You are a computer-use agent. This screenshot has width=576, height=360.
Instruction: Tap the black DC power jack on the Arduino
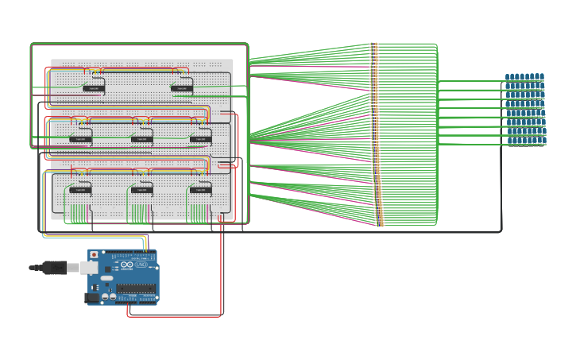click(92, 297)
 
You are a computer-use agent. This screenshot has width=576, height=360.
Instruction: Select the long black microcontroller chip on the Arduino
click(136, 288)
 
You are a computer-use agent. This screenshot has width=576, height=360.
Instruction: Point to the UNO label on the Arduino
click(141, 265)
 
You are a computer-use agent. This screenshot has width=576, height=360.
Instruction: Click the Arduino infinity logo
click(127, 265)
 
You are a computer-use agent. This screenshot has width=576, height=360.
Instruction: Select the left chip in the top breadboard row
click(93, 88)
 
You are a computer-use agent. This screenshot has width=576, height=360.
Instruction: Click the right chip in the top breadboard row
click(181, 88)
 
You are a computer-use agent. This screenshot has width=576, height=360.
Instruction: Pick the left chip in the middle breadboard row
click(80, 139)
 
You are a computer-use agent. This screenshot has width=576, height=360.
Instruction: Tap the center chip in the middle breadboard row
click(141, 139)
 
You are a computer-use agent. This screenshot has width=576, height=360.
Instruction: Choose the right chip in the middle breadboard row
click(200, 139)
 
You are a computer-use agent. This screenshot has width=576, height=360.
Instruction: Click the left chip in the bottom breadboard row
click(80, 190)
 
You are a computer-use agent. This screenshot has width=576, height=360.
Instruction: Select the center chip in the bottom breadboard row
click(141, 190)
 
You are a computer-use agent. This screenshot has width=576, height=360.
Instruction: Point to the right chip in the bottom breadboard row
click(200, 190)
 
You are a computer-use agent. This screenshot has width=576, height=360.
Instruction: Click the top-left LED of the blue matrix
click(508, 77)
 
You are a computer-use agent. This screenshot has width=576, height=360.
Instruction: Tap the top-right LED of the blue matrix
click(543, 77)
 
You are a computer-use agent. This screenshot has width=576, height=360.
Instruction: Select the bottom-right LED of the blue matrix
click(543, 141)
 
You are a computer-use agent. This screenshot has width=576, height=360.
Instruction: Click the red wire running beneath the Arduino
click(175, 316)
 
